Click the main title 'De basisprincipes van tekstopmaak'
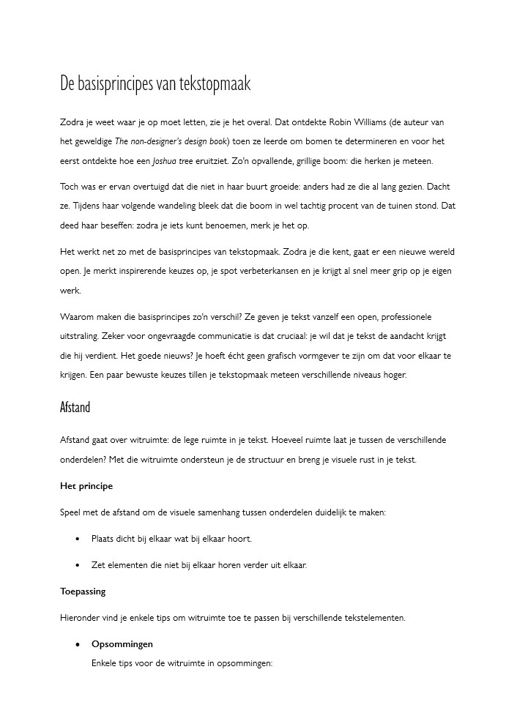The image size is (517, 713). point(155,84)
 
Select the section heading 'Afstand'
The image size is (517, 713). point(75,407)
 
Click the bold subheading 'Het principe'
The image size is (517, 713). point(86,486)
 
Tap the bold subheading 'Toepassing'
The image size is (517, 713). point(83,591)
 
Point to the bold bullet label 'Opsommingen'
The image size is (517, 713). point(122,644)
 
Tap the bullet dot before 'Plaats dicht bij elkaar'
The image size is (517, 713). point(78,539)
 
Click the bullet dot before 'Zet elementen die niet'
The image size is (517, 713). point(78,565)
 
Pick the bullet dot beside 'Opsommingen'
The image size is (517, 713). point(78,644)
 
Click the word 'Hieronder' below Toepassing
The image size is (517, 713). point(81,618)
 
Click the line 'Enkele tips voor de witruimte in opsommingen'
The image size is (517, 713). point(182,663)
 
